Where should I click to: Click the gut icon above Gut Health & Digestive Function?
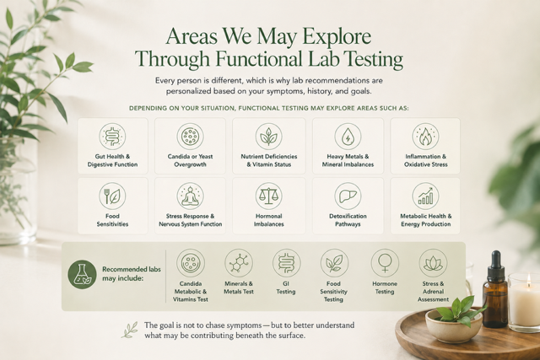[112, 137]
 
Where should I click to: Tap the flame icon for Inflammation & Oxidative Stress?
[425, 137]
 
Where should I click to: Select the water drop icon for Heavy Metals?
[348, 137]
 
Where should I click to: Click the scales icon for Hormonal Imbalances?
[268, 196]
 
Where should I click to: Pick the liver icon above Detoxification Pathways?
[348, 196]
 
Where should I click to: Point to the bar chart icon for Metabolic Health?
[425, 196]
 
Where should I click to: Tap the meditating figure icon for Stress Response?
[190, 196]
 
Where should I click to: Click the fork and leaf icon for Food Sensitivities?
[112, 196]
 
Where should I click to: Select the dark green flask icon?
[83, 274]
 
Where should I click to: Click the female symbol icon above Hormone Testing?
[385, 263]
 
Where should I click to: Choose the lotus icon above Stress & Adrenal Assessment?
[433, 263]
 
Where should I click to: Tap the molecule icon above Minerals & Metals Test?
[239, 263]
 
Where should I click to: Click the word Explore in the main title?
[337, 36]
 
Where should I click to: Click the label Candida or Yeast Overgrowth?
[190, 160]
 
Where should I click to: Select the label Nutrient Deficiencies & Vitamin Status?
[268, 160]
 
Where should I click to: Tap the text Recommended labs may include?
[132, 274]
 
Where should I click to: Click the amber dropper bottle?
[495, 290]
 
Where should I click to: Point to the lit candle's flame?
[528, 278]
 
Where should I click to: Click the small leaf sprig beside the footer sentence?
[130, 330]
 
